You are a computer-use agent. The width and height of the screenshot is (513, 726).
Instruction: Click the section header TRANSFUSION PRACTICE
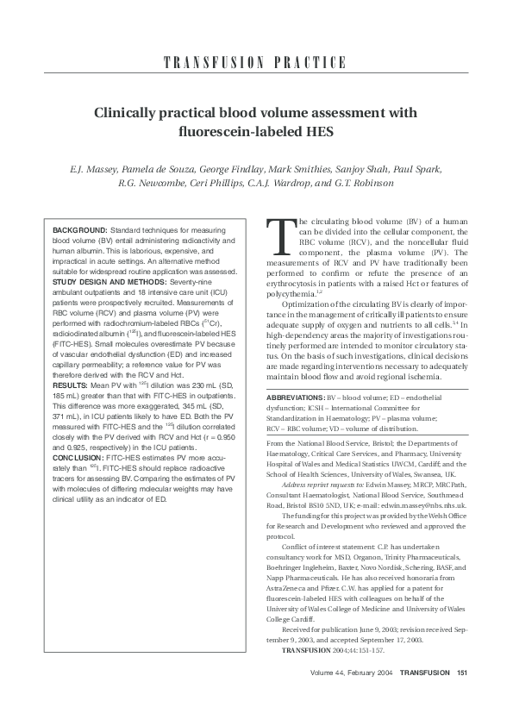point(256,64)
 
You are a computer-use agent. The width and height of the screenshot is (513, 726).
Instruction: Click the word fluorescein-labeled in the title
point(227,133)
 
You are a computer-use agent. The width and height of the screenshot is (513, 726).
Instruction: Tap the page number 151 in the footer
point(461,673)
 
